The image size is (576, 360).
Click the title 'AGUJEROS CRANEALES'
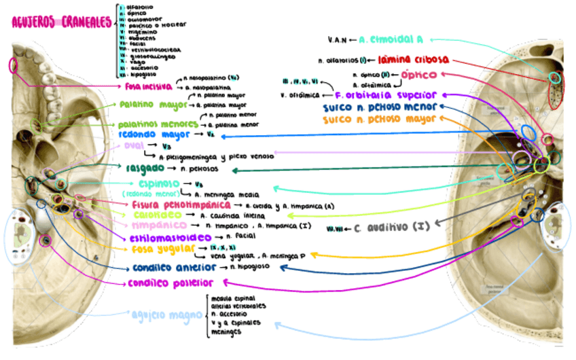tap(61, 22)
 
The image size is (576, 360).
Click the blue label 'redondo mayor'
tap(149, 134)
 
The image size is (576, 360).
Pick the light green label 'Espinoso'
tap(159, 183)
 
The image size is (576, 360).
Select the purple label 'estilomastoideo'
tap(165, 238)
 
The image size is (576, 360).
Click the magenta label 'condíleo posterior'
tap(171, 283)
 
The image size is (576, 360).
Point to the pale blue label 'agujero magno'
tap(166, 314)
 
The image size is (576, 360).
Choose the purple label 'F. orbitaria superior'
tap(386, 96)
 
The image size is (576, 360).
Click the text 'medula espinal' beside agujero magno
tap(230, 298)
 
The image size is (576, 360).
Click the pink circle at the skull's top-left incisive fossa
tap(13, 67)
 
